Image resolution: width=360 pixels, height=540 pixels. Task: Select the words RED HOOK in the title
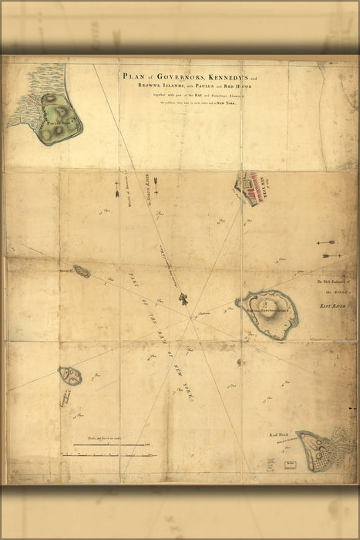click(250, 86)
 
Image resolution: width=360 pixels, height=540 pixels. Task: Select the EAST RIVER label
click(333, 307)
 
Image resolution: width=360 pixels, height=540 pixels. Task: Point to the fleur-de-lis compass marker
click(183, 299)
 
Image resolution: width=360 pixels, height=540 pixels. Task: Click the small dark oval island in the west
click(82, 272)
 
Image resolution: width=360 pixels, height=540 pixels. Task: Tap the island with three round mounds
click(71, 376)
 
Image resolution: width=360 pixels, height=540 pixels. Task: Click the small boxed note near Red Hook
click(291, 464)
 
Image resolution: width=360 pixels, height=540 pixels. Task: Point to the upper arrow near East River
click(327, 243)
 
